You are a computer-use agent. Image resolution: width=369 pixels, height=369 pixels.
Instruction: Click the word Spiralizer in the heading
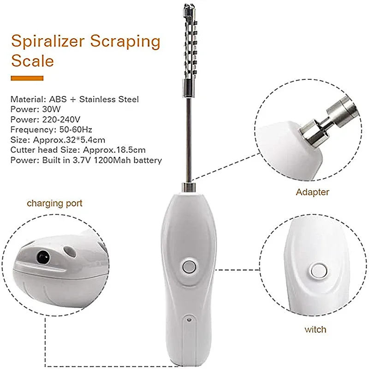coord(48,42)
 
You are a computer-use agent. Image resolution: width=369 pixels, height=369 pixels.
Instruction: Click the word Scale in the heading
coord(32,61)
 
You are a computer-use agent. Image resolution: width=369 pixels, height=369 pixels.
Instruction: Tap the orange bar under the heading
coord(27,78)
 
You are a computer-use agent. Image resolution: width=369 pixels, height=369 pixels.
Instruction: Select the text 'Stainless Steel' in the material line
coord(109,99)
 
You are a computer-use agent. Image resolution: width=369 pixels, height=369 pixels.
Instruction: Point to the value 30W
coord(51,109)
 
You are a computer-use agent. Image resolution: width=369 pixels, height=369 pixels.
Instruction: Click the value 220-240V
coord(61,119)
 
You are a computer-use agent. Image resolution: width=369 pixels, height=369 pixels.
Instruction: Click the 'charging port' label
coord(54,203)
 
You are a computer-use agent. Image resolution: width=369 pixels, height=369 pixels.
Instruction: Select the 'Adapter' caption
coord(312,192)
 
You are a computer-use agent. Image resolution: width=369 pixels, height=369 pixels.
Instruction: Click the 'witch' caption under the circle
coord(315,329)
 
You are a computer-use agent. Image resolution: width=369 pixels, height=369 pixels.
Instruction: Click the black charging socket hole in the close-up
coord(43,257)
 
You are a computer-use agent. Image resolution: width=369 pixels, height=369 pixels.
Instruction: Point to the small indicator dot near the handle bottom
coord(189,320)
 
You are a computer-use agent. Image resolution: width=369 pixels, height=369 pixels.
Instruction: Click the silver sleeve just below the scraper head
coord(188,88)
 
